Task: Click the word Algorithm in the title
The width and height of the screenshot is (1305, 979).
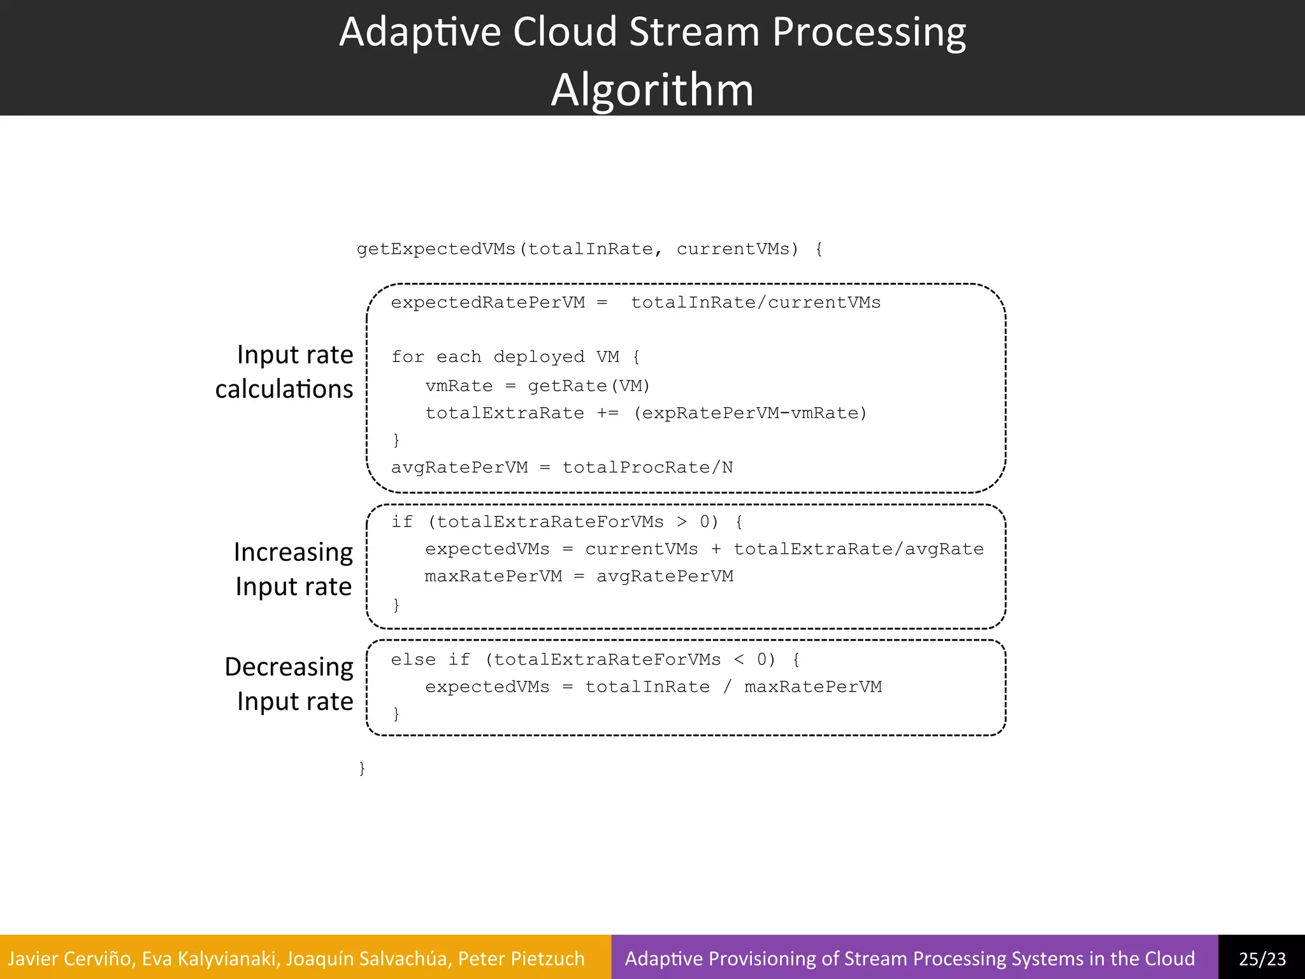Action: coord(652,90)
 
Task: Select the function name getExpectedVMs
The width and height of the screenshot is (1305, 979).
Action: coord(436,249)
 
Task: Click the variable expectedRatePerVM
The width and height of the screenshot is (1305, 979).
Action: coord(487,303)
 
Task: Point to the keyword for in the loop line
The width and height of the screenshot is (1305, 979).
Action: coord(407,357)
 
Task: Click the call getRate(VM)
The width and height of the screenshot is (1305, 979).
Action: coord(589,386)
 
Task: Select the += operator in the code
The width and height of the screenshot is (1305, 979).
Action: coord(608,414)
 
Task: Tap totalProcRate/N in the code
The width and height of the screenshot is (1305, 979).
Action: coord(647,468)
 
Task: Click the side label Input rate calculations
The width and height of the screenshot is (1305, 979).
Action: coord(285,372)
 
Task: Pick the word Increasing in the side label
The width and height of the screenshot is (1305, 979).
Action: coord(293,552)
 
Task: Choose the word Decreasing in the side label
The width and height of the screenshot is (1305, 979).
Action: coord(289,667)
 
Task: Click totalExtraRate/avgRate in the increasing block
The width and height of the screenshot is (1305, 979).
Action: coord(858,549)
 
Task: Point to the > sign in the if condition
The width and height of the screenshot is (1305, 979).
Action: coord(682,522)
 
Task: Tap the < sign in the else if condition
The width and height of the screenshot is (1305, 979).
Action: coord(739,660)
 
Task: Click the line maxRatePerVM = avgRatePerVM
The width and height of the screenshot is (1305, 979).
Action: coord(579,577)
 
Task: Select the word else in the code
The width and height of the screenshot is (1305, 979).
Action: coord(413,660)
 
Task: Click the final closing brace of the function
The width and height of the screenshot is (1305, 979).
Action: coord(362,768)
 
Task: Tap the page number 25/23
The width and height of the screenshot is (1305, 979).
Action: coord(1262,959)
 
